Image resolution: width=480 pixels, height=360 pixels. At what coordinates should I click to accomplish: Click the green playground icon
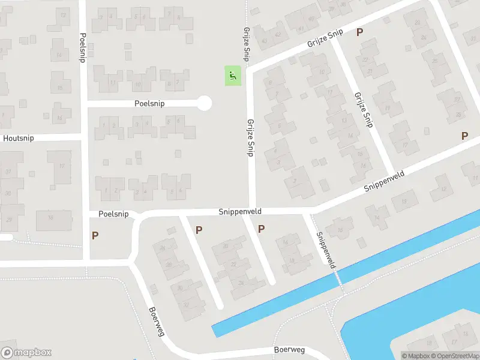click(x=232, y=76)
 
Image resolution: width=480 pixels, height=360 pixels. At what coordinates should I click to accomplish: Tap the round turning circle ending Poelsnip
click(x=205, y=103)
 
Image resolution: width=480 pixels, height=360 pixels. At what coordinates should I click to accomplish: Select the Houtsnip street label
click(x=19, y=138)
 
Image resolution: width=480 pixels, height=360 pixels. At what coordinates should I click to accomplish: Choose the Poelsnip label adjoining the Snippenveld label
click(x=114, y=214)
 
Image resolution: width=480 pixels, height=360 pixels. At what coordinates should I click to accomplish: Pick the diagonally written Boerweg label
click(x=157, y=322)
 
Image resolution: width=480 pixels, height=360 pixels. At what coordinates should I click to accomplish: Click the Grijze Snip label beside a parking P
click(x=325, y=38)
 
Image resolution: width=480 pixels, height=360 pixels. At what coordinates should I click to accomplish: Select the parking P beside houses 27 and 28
click(x=464, y=136)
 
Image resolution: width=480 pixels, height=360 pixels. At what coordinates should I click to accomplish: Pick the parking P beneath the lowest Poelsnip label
click(x=95, y=236)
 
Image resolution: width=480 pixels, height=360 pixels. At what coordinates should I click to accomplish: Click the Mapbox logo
click(x=26, y=353)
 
